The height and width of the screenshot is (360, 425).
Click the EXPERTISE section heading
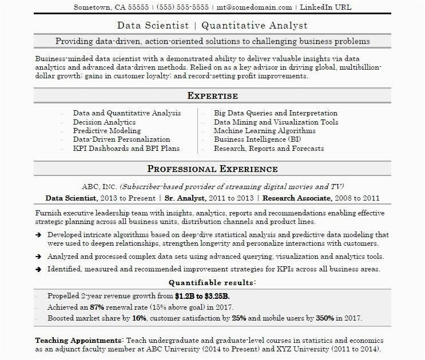tap(212, 96)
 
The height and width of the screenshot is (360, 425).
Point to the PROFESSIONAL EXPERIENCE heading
tap(212, 169)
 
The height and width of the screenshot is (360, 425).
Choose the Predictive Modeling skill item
tap(106, 131)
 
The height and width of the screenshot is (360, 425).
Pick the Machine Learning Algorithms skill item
tap(264, 131)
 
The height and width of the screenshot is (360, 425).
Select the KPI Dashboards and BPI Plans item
tap(126, 148)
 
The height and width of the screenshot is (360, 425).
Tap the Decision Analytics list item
tap(104, 122)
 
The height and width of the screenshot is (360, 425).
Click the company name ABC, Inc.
tap(100, 187)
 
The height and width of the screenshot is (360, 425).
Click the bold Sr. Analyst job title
tap(186, 198)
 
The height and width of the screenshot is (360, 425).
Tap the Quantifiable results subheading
tap(212, 283)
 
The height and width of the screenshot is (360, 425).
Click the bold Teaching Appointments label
tap(78, 338)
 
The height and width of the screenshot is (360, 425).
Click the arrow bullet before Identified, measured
tap(38, 269)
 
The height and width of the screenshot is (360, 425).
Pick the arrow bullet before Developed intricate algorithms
tap(38, 235)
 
